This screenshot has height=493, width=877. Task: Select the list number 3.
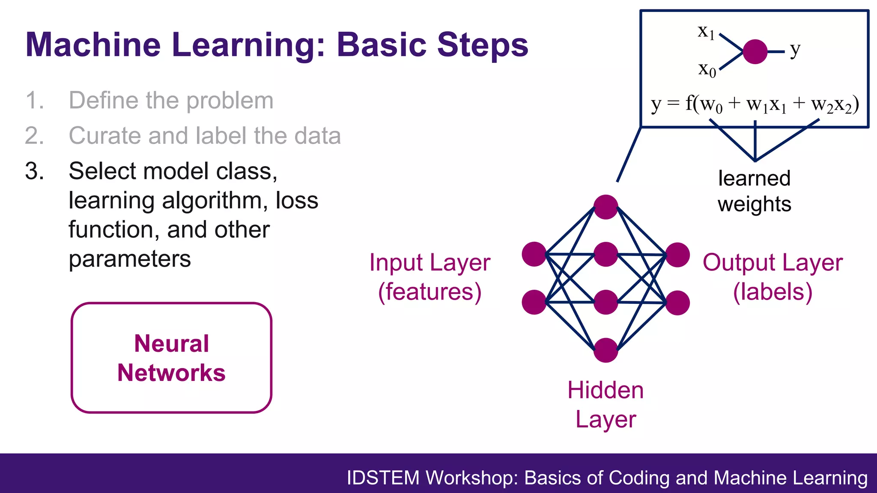point(34,171)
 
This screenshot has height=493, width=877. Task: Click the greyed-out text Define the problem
point(171,101)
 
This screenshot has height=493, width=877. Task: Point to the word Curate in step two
point(105,136)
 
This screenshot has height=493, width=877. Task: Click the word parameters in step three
point(130,259)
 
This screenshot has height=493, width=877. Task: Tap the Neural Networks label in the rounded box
point(171,358)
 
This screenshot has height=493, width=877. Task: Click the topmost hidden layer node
point(606,207)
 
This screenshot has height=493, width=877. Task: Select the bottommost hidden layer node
point(606,350)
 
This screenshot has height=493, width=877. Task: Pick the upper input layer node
point(534,254)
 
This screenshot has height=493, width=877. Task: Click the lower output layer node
point(677,303)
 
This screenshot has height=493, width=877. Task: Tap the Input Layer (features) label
point(430,277)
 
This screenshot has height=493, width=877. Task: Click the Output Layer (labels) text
point(773,277)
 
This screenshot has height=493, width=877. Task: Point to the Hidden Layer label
point(606,404)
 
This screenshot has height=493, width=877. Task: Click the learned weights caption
point(755,191)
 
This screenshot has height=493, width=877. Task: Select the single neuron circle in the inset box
point(755,52)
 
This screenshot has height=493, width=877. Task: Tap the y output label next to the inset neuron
point(795,50)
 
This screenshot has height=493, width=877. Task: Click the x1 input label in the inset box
point(706,32)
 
